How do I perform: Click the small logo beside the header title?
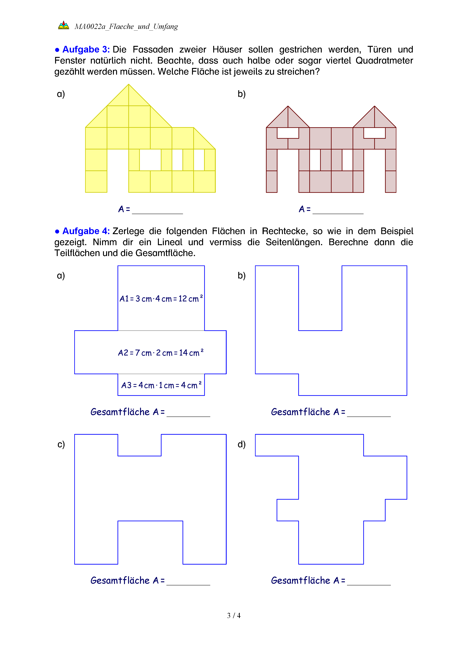click(64, 25)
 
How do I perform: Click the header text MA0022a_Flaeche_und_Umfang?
click(126, 27)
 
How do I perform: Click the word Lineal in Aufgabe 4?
click(169, 242)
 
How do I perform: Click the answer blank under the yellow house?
click(157, 211)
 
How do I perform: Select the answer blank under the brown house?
click(338, 211)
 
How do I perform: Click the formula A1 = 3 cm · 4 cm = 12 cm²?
click(161, 299)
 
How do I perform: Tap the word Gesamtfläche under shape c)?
click(120, 580)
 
